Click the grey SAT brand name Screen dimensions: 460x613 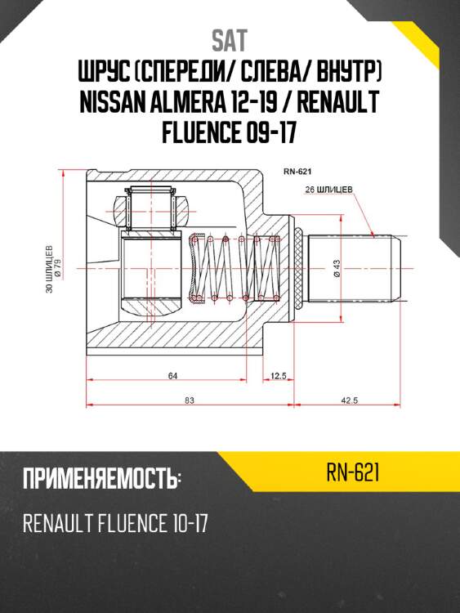point(230,41)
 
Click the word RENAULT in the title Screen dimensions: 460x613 point(338,102)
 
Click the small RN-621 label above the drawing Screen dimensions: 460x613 point(297,172)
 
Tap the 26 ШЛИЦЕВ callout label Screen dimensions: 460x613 point(328,190)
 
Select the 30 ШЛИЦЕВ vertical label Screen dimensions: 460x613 point(49,269)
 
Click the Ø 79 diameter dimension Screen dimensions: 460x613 point(58,270)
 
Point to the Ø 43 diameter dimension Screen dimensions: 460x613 point(337,269)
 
